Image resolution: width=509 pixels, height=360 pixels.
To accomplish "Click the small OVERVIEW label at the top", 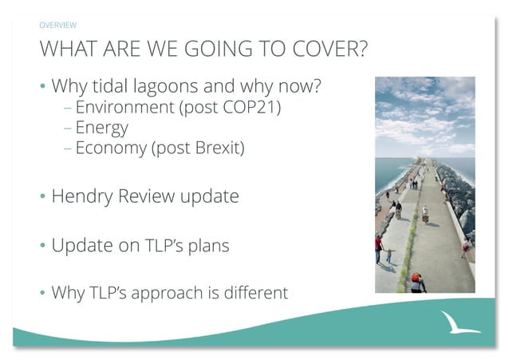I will [57, 26].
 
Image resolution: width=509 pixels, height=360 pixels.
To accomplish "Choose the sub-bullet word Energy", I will [101, 128].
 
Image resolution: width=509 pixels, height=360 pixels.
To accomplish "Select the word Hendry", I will [82, 196].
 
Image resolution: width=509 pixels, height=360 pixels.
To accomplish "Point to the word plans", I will [209, 246].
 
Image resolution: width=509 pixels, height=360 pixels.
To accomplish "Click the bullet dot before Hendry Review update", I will [42, 197].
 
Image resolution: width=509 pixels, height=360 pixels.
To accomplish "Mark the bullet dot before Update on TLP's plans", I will [42, 246].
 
